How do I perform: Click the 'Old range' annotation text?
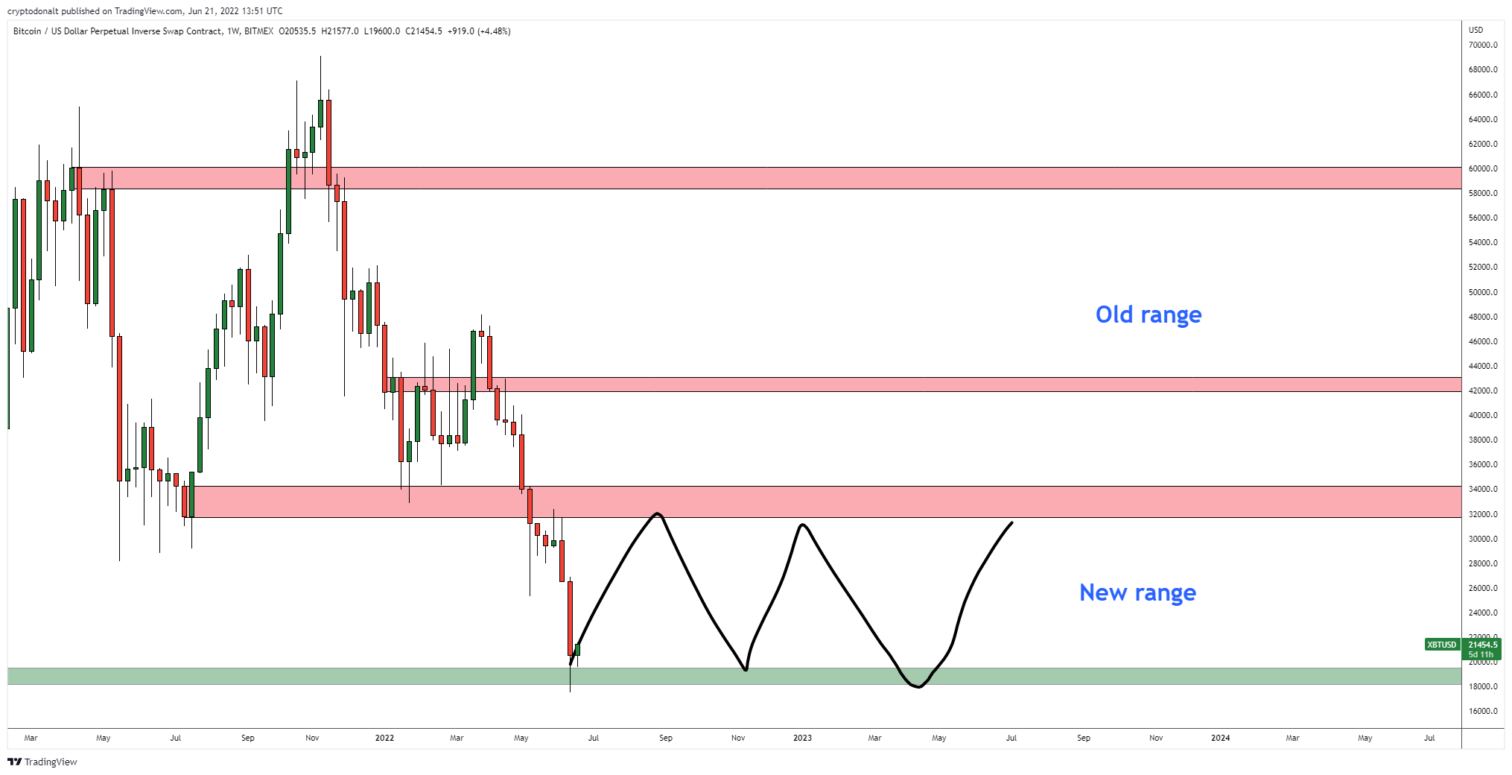(1148, 314)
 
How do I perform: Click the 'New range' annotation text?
(1137, 592)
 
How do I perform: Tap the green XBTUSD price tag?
(1441, 645)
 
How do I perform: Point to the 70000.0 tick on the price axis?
(1482, 45)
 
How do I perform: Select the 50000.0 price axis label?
(1482, 292)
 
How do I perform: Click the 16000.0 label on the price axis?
(1482, 711)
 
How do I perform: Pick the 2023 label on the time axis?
(802, 738)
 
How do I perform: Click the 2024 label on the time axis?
(1220, 738)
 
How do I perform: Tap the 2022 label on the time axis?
(384, 738)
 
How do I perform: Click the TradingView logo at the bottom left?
(42, 762)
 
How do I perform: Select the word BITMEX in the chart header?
(258, 31)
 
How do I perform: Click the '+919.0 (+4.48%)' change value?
(479, 31)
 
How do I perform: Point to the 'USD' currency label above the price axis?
(1476, 30)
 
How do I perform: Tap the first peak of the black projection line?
(657, 513)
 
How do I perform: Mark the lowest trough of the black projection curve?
(918, 686)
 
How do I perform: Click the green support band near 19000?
(298, 676)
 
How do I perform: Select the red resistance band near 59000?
(745, 178)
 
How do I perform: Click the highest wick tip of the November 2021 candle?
(320, 57)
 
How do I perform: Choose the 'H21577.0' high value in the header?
(340, 31)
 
